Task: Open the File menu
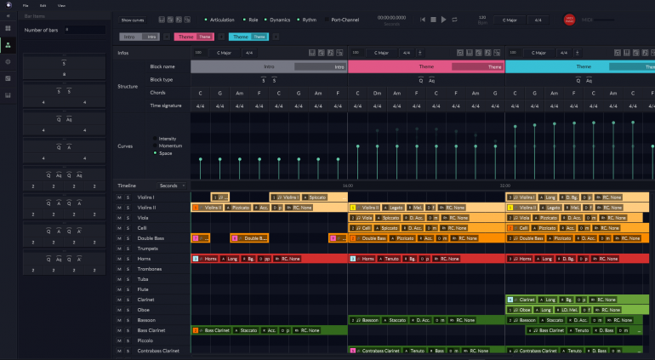tap(26, 5)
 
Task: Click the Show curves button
tap(133, 19)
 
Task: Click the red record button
tap(569, 19)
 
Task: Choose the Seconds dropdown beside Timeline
tap(171, 185)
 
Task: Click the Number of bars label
tap(41, 30)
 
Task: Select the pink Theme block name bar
tap(426, 66)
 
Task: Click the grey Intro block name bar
tap(269, 66)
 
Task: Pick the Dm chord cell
tap(377, 93)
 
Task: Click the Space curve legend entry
tap(166, 153)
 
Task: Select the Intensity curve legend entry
tap(168, 138)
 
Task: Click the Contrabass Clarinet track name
tap(159, 351)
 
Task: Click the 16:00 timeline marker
tap(347, 186)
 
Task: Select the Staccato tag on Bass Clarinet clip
tap(248, 330)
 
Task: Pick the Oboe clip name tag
tap(528, 310)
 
